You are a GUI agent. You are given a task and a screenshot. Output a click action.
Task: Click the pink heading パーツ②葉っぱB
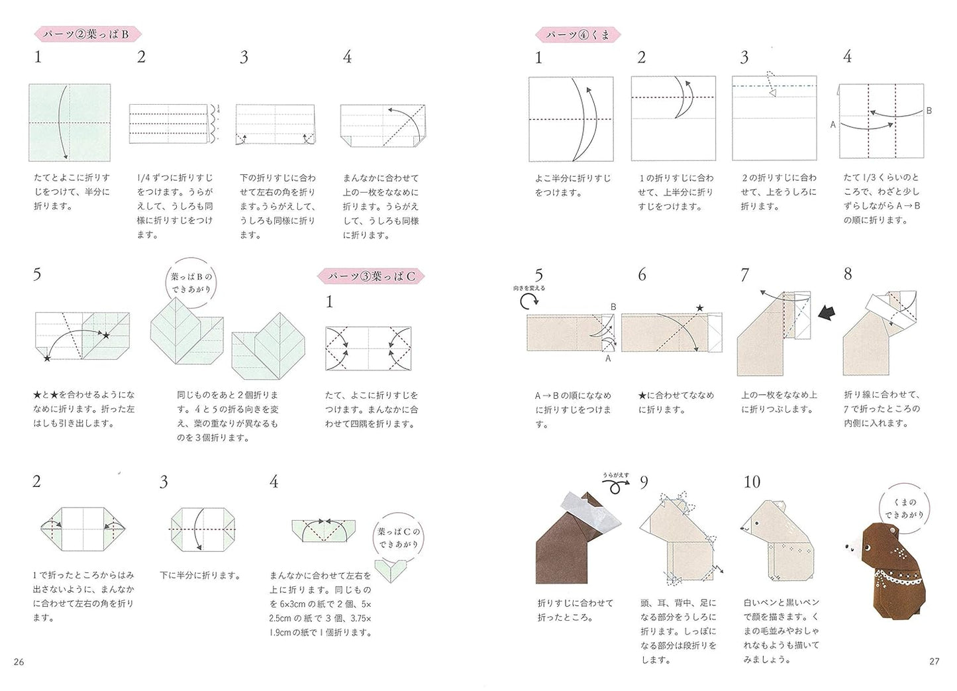pos(87,34)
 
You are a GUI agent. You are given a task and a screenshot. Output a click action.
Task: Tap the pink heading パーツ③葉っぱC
pos(370,276)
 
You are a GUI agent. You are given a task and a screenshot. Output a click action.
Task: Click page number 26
pos(19,661)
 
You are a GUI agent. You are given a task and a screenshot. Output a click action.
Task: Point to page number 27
pos(934,661)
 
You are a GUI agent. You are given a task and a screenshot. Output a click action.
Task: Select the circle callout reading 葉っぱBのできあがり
pos(191,283)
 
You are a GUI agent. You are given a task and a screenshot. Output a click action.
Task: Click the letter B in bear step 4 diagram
pos(929,111)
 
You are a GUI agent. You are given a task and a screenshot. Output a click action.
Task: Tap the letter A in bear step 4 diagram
pos(832,125)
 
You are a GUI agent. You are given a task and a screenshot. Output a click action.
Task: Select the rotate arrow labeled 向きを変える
pos(529,302)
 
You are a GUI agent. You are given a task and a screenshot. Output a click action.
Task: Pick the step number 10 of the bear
pos(752,482)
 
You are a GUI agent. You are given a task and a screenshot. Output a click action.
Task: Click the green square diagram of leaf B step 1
pos(69,123)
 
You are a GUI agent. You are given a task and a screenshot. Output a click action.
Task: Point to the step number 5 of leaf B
pos(37,274)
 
